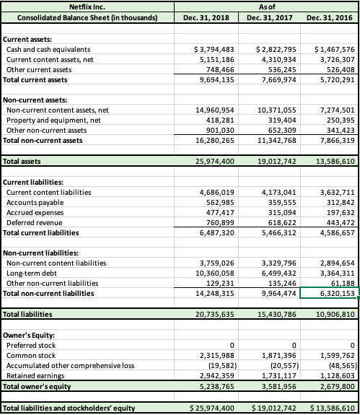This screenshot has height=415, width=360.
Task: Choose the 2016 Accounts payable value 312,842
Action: click(337, 204)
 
